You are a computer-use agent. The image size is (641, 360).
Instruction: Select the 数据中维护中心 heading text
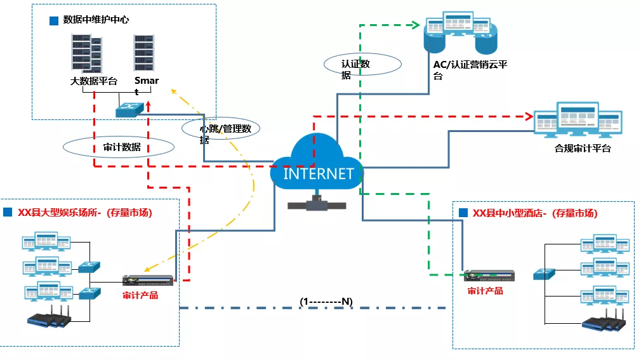[96, 20]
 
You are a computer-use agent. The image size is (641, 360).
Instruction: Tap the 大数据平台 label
[94, 81]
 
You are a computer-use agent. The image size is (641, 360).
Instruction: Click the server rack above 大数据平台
[86, 53]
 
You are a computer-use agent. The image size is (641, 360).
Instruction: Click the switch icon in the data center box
[129, 110]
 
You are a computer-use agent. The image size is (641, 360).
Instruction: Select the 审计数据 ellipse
[119, 147]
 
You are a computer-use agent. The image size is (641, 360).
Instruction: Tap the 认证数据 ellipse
[362, 65]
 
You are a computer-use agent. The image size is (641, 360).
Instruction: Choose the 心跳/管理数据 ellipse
[221, 130]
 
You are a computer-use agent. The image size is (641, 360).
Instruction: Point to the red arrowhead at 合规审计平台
[528, 116]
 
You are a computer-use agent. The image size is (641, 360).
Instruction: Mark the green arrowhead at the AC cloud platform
[418, 25]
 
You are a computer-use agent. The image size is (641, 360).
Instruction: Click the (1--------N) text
[326, 300]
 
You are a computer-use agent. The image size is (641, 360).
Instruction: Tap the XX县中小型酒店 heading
[534, 213]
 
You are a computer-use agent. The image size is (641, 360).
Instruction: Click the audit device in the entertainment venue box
[148, 281]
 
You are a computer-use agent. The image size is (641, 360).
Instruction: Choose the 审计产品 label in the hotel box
[485, 291]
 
